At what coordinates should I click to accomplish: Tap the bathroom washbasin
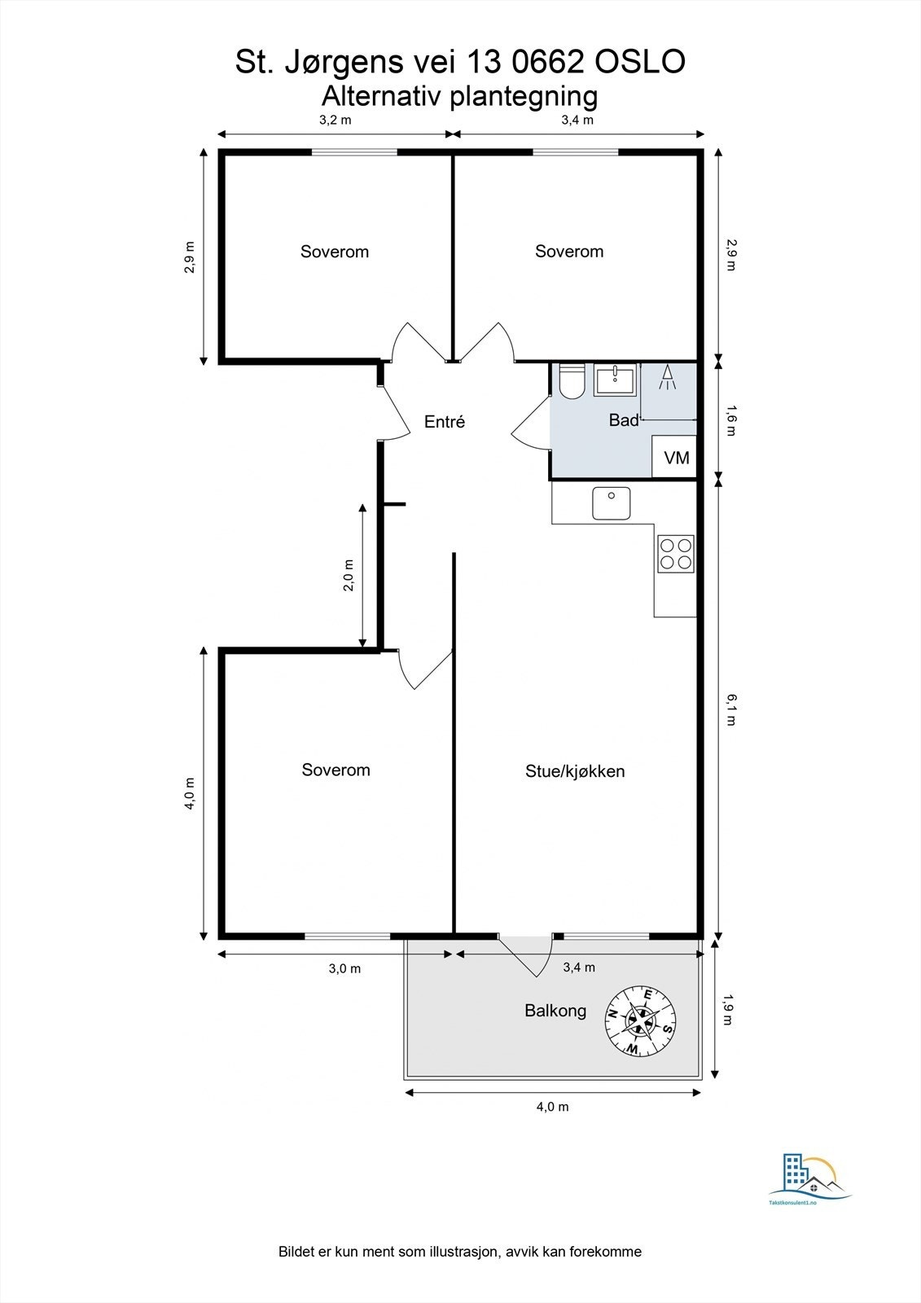click(615, 380)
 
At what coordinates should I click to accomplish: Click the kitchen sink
click(611, 503)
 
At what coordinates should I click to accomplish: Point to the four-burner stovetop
click(676, 553)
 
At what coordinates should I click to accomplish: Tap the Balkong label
click(555, 1011)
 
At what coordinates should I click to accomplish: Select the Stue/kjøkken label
click(575, 771)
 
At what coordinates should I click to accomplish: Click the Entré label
click(445, 422)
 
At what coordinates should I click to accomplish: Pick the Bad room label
click(623, 420)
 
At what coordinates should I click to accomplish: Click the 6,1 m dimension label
click(730, 709)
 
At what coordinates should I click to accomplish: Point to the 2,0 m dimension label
click(349, 575)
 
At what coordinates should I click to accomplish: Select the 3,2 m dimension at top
click(336, 121)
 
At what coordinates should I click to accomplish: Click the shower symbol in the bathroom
click(667, 378)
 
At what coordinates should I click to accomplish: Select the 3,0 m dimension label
click(344, 968)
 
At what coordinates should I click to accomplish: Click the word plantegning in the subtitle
click(524, 96)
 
